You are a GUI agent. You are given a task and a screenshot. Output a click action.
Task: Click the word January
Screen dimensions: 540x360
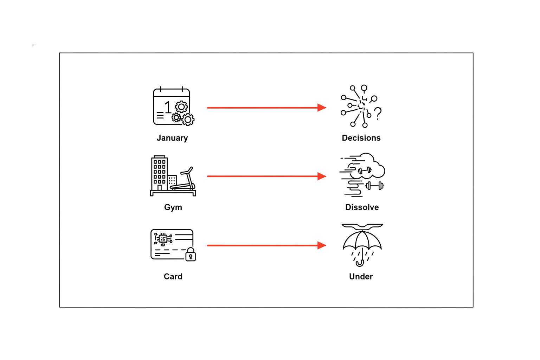pos(172,138)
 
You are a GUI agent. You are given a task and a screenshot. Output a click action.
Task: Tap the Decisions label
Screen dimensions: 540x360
pos(361,138)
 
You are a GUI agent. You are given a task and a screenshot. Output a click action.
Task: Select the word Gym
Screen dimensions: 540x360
pos(173,207)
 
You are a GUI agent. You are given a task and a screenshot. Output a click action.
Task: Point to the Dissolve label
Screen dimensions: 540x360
pos(362,207)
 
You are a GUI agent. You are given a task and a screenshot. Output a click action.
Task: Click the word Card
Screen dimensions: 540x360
pos(173,276)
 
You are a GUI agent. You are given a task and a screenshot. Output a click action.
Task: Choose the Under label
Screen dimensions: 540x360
pos(361,276)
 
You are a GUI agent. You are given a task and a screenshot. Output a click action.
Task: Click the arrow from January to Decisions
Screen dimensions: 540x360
pos(267,108)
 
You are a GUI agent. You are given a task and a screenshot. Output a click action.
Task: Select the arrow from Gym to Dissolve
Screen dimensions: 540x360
pos(267,176)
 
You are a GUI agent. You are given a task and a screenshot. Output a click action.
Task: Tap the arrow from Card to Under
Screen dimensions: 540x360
pos(267,245)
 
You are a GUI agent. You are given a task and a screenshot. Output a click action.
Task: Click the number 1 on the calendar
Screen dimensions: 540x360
pos(168,107)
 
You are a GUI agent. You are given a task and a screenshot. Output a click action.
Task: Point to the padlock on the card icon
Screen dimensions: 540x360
pos(191,255)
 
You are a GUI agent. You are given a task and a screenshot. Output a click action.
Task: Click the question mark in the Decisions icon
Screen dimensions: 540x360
pos(378,114)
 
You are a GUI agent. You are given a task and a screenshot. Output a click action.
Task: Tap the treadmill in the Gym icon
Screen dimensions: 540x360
pos(183,179)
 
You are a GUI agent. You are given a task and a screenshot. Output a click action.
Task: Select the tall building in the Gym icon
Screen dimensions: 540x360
pos(159,173)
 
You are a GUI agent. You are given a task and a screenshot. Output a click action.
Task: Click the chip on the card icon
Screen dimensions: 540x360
pos(163,238)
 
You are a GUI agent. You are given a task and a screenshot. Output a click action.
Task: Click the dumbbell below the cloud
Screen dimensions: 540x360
pos(375,186)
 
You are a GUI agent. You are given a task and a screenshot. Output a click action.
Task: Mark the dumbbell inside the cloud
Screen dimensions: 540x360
pos(365,171)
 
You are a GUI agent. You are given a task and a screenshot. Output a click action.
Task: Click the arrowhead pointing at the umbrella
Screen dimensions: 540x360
pos(322,245)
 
